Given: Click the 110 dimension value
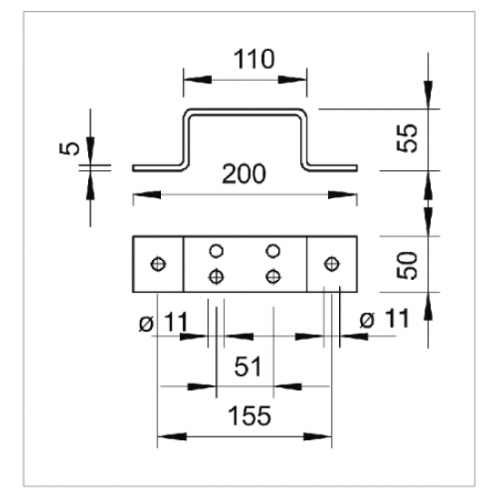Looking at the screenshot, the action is tap(254, 59).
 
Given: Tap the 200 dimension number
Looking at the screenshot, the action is tap(244, 174).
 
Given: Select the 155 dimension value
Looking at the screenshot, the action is tap(250, 415).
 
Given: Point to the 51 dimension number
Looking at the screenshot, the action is tap(248, 366).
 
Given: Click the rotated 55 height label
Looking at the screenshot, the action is tap(407, 138).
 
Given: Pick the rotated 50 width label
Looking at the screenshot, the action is tap(407, 265).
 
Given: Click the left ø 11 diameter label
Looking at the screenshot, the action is tap(164, 322).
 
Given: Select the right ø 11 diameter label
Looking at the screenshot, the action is tap(384, 319).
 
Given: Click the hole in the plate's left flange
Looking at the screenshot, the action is tap(158, 264).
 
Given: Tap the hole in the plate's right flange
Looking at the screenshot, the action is tap(332, 264).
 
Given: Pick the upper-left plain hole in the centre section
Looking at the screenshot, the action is tap(216, 251).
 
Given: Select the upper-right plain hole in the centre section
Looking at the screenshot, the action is tap(273, 251).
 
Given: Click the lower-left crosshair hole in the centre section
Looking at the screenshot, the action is tap(216, 276).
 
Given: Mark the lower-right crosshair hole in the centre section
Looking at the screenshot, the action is tap(274, 276).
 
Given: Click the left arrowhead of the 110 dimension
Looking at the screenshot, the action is tap(197, 79).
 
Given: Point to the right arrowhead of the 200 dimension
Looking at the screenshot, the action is tap(343, 195).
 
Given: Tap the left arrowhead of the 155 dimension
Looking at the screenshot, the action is tap(172, 436).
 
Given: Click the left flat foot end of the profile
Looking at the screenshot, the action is tap(134, 168).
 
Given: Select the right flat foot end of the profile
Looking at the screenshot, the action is tap(356, 168).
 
